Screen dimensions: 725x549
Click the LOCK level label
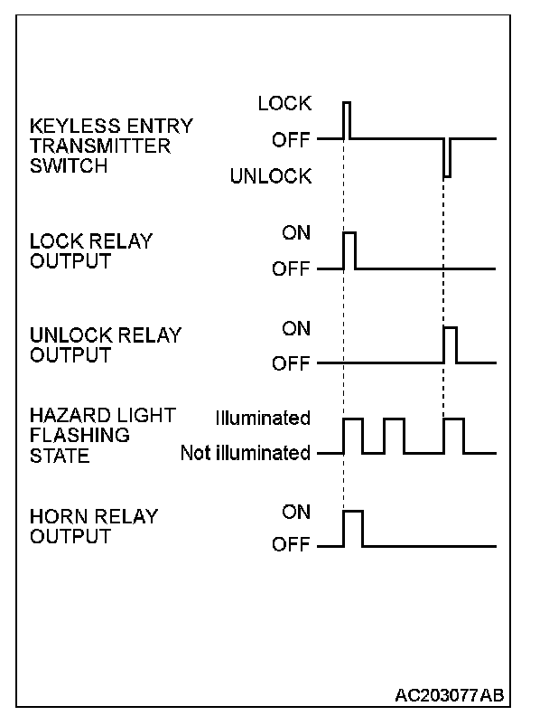point(284,104)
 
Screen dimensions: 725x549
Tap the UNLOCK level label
point(270,176)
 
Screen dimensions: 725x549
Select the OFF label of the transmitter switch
point(291,140)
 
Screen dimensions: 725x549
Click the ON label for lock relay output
point(295,233)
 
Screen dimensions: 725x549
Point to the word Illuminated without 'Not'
point(263,419)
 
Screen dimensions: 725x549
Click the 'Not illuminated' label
point(245,453)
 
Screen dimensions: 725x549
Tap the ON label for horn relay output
point(295,512)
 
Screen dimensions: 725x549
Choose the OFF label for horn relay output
point(291,546)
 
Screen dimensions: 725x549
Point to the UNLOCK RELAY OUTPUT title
point(106,345)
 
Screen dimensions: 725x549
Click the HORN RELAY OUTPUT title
point(94,527)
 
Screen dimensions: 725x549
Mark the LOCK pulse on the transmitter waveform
point(346,119)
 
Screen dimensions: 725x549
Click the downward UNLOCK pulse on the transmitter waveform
point(446,158)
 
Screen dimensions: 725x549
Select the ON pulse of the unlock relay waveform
point(450,344)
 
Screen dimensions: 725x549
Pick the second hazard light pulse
point(394,436)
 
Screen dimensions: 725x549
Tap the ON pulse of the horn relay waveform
point(353,529)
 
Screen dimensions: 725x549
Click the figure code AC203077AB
point(449,695)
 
